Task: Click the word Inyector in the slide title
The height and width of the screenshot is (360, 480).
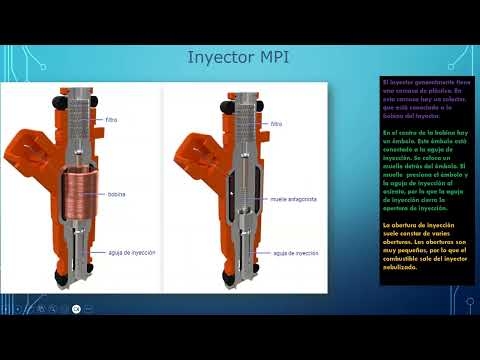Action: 218,56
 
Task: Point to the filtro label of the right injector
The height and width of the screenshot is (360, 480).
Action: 276,125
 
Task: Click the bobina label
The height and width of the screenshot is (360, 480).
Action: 117,194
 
